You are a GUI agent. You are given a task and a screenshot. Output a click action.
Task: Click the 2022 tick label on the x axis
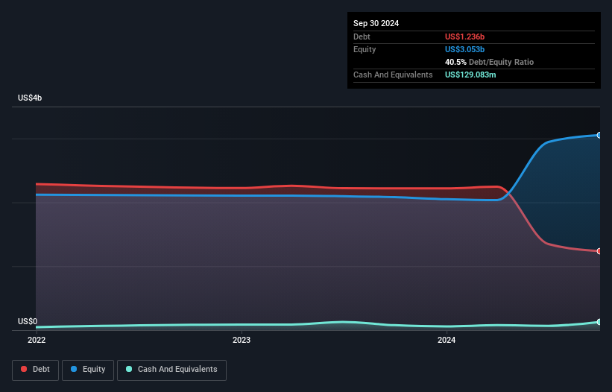36,341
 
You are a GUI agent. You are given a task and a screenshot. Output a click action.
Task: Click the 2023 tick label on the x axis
242,341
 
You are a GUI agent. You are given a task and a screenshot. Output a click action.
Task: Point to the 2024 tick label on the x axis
447,341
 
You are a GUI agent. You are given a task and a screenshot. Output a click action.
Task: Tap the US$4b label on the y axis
31,98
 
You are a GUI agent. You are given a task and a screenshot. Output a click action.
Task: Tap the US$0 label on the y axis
28,321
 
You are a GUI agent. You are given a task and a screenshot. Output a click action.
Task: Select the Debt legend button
35,369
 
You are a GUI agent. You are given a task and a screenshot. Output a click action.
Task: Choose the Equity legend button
89,369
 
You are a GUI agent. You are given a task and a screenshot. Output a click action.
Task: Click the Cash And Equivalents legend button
171,369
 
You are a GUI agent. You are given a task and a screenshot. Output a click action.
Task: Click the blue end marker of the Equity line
599,136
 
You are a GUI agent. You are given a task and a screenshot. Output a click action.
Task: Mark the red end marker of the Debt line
599,251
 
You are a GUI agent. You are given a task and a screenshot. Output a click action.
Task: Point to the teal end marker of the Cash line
599,322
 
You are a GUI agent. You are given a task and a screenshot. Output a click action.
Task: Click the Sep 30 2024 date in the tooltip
376,23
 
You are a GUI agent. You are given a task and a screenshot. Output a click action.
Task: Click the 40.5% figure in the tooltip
456,62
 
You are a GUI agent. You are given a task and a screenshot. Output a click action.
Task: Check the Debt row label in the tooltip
362,37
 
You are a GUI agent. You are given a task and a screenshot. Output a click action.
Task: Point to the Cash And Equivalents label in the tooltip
392,75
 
